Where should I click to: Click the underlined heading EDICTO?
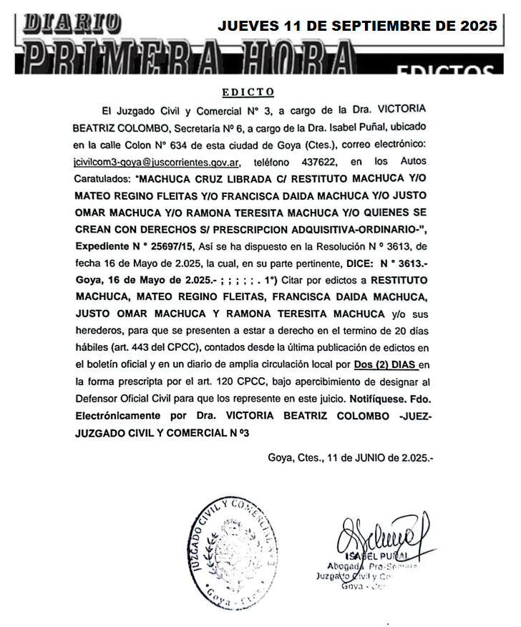247,92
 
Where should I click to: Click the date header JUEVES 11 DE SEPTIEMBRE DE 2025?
357,26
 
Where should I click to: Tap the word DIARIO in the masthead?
71,22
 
